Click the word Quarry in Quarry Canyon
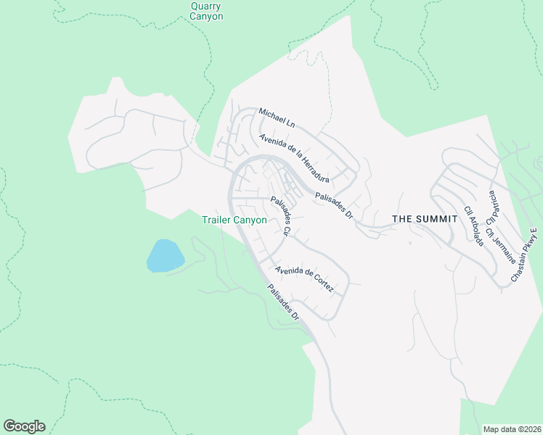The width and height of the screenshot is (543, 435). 206,5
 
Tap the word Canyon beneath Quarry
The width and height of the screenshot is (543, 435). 206,16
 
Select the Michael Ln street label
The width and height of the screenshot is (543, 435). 277,117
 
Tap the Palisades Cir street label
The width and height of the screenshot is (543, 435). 280,216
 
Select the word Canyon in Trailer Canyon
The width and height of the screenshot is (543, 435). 250,220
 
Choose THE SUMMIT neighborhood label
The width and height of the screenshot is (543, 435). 421,218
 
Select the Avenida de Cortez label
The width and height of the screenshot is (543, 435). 304,279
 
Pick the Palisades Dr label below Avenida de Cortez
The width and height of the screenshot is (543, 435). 282,302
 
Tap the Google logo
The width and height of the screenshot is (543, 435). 24,426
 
